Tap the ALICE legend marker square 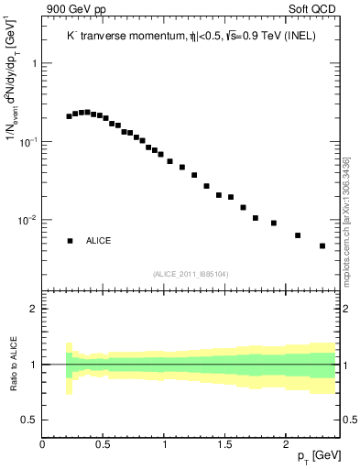click(70, 241)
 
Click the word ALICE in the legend click(99, 241)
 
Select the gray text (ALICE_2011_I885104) click(190, 273)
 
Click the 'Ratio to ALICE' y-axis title click(13, 364)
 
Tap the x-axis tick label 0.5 click(104, 442)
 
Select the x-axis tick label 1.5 click(224, 442)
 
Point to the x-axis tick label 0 click(43, 442)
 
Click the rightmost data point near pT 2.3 click(322, 245)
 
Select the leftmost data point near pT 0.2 click(69, 116)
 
